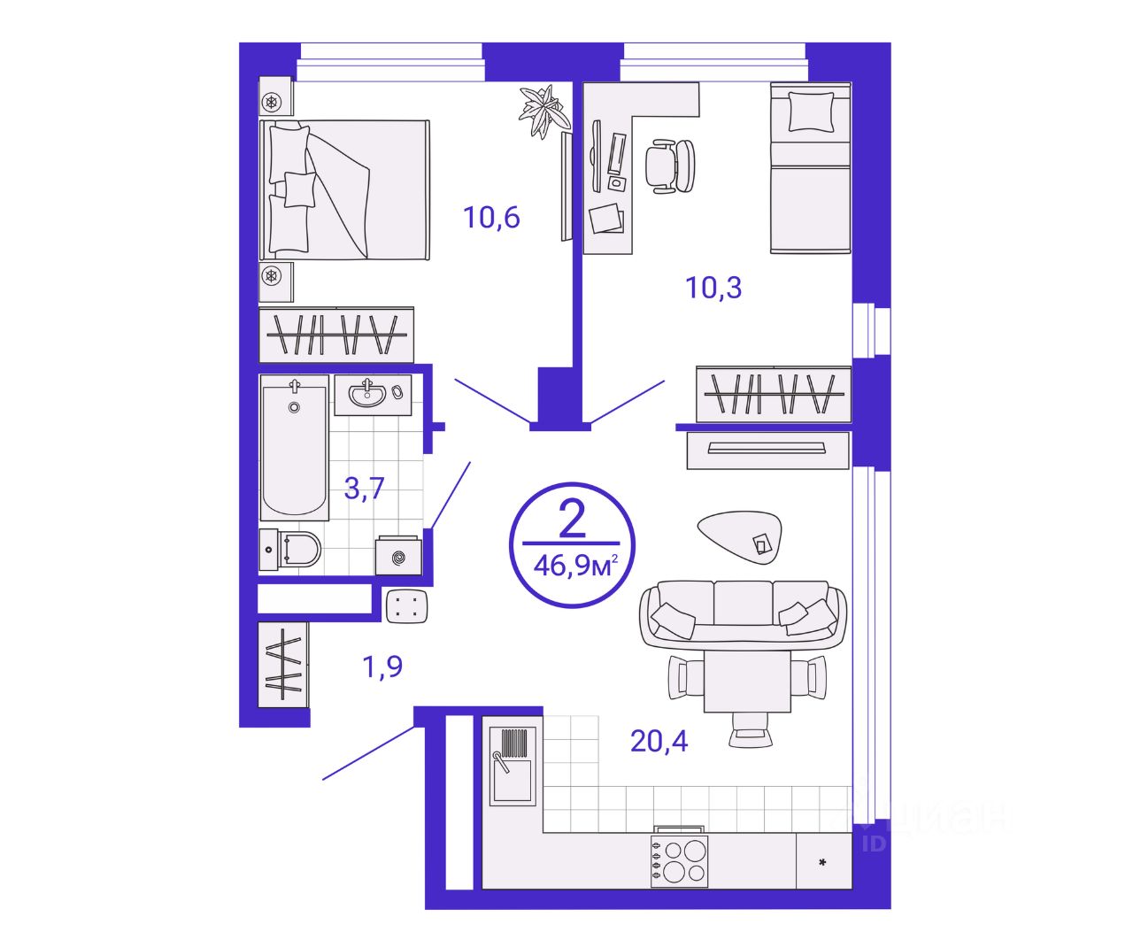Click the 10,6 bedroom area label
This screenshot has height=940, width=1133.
coord(491,218)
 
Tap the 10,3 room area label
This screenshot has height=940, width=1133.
coord(713,288)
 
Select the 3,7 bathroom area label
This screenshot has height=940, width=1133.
coord(364,488)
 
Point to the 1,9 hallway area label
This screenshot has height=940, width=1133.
coord(382,667)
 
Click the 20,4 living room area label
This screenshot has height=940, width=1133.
coord(659,741)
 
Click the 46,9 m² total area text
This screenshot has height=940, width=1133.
coord(575,566)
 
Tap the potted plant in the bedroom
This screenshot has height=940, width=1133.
coord(544,111)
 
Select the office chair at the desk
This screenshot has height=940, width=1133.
coord(669,166)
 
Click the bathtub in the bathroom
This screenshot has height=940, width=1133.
coord(295,447)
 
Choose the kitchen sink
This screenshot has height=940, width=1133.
coord(513,766)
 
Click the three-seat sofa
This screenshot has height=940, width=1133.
coord(743,615)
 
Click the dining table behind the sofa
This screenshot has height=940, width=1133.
coord(747,682)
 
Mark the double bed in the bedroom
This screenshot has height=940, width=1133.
coord(344,189)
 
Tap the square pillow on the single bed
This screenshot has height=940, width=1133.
coord(811,112)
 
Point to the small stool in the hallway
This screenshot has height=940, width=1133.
coord(407,605)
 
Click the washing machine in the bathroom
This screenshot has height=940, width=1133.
coord(399,556)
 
